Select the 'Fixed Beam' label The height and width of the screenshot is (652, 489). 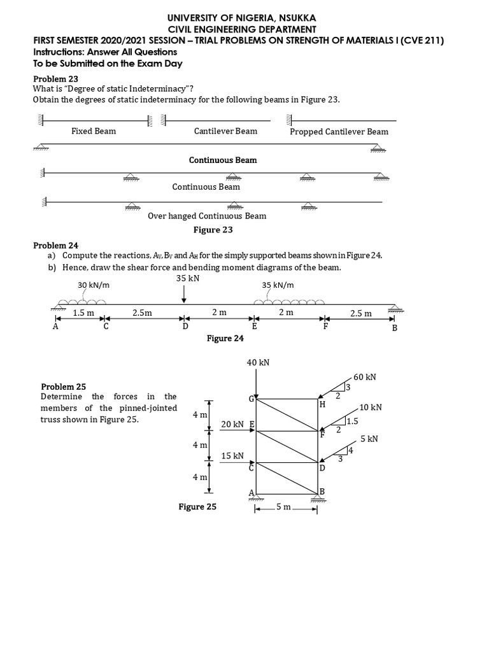point(94,131)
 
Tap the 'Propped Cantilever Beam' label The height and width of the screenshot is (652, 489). point(339,132)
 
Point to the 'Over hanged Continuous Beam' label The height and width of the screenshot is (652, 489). point(207,216)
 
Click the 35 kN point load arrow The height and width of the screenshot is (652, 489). point(184,293)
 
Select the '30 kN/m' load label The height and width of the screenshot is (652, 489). point(94,285)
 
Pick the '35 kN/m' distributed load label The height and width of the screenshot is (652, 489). point(278,285)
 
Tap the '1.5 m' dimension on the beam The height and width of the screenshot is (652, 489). point(83,313)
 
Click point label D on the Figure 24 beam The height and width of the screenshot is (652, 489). point(185,327)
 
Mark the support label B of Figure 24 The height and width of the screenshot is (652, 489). point(394,328)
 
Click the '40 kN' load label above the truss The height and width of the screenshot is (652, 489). point(258,362)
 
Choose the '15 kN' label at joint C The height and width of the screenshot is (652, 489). point(232,456)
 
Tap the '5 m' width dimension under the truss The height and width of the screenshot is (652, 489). point(283,507)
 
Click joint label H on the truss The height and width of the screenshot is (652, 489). point(322,404)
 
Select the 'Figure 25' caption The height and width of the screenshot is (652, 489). point(197,507)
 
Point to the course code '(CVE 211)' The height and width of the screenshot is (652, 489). point(417,41)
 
